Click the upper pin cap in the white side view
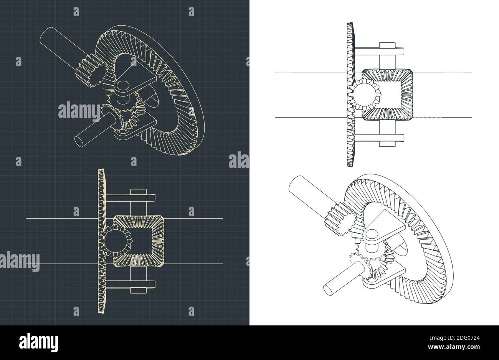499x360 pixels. tap(387, 45)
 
